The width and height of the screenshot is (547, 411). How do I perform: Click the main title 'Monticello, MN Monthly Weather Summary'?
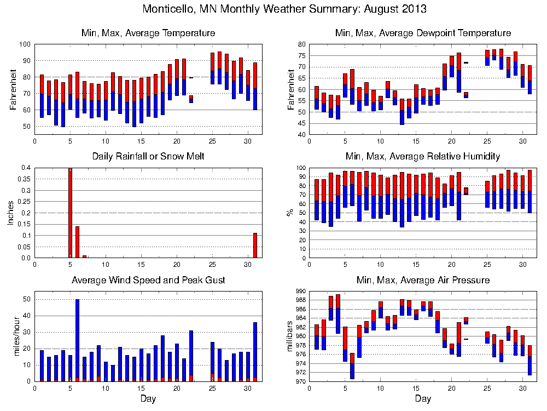(x=284, y=9)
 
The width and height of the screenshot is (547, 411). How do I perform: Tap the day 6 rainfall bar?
(x=77, y=242)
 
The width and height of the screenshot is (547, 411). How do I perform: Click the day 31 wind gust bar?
(x=255, y=351)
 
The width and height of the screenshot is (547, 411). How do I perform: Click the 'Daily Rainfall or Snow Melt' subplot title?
(x=148, y=157)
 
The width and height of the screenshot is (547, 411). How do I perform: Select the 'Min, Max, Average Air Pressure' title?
(x=423, y=281)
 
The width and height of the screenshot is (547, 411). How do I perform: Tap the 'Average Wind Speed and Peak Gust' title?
(x=148, y=281)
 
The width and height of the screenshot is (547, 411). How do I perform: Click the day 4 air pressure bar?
(x=338, y=313)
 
